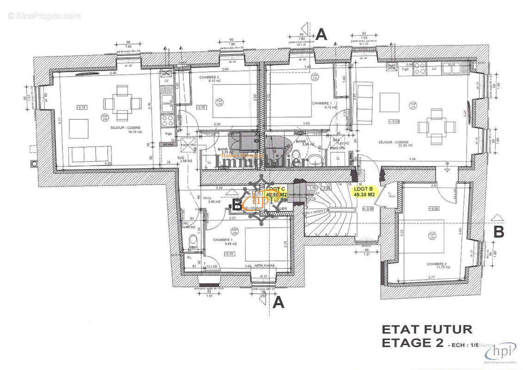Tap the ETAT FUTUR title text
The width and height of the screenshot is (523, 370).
click(426, 330)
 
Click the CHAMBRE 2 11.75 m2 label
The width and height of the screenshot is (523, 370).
click(437, 265)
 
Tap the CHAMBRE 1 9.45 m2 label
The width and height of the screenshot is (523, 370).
click(224, 241)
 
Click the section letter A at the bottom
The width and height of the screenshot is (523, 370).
click(278, 302)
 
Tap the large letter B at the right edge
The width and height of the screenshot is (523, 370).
click(498, 232)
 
